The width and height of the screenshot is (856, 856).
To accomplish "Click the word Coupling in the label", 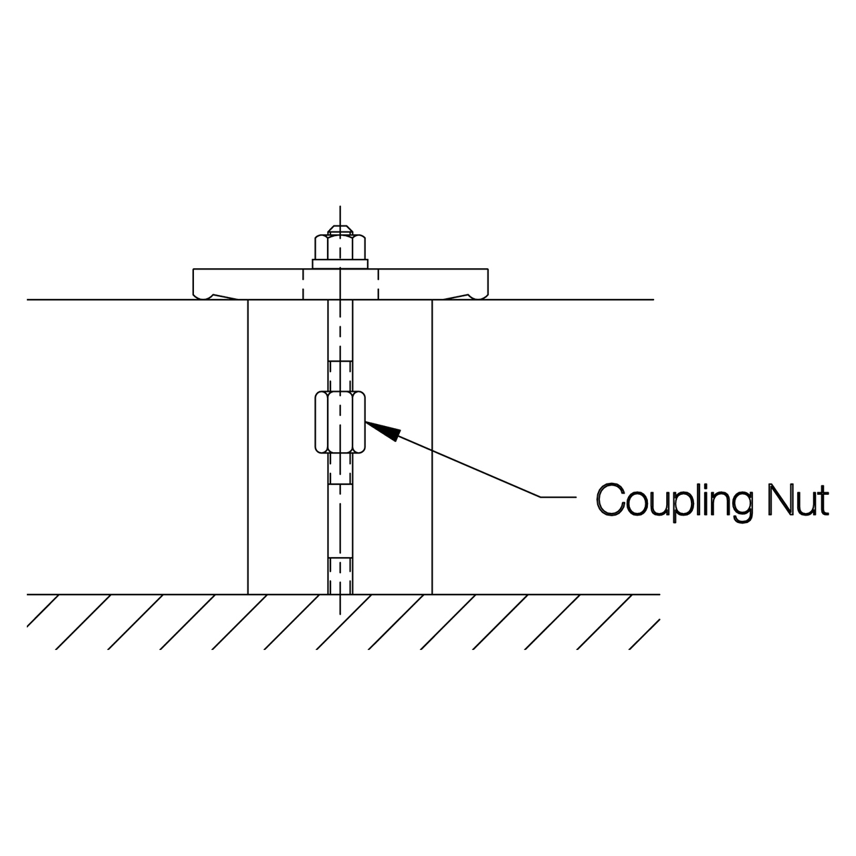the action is pyautogui.click(x=674, y=502).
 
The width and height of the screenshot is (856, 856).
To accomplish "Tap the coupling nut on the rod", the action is pyautogui.click(x=340, y=422).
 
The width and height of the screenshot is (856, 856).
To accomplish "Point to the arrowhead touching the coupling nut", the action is pyautogui.click(x=383, y=431).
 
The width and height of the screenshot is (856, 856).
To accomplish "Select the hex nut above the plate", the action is pyautogui.click(x=340, y=247).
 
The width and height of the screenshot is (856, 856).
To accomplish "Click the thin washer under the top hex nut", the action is pyautogui.click(x=340, y=264).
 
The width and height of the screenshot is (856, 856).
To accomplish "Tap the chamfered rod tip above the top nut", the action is pyautogui.click(x=340, y=230).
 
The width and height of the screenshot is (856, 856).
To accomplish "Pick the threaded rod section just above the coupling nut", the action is pyautogui.click(x=340, y=376).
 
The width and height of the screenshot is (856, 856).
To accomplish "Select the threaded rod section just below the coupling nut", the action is pyautogui.click(x=340, y=469).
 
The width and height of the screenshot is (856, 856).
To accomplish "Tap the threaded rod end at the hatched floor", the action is pyautogui.click(x=340, y=576).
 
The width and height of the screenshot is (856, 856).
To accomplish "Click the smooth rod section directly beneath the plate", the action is pyautogui.click(x=340, y=330).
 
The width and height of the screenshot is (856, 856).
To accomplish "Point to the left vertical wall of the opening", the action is pyautogui.click(x=248, y=447).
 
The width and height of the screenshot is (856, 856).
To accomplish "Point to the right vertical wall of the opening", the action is pyautogui.click(x=432, y=447).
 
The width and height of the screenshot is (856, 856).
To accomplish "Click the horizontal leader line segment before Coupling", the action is pyautogui.click(x=558, y=497).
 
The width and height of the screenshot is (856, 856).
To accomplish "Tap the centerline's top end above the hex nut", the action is pyautogui.click(x=340, y=206).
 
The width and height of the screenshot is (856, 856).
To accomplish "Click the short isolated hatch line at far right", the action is pyautogui.click(x=644, y=635).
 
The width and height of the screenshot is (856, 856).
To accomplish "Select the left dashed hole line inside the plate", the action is pyautogui.click(x=303, y=284).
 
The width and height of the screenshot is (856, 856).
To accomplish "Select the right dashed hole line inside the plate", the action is pyautogui.click(x=378, y=284).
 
